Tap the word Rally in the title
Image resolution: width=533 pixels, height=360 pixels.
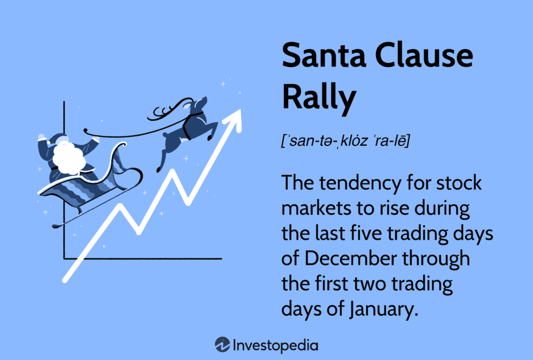pos(319,97)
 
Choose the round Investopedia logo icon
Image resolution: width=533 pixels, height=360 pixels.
pos(222,345)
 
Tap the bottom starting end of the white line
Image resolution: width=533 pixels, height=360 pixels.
pos(65,280)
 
